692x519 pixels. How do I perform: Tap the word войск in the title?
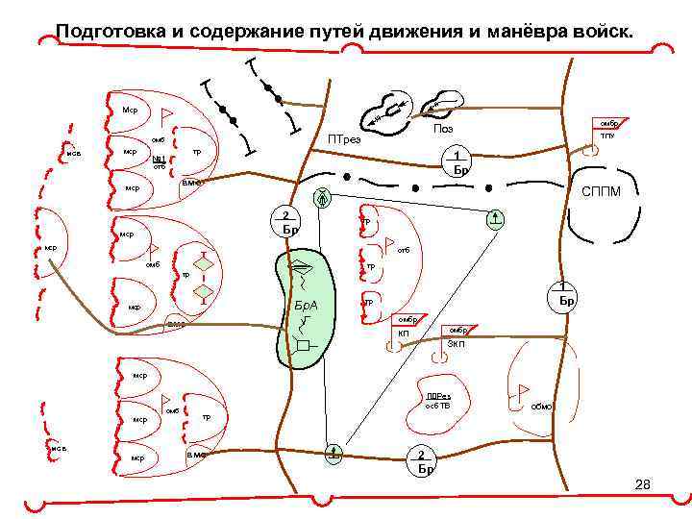click(x=605, y=32)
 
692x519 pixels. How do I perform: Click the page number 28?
click(x=643, y=485)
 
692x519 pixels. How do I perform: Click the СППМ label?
click(x=601, y=192)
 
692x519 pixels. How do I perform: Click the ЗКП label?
click(x=457, y=343)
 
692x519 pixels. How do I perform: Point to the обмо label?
click(x=541, y=407)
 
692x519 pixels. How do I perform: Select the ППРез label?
click(x=438, y=395)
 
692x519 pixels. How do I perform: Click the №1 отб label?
click(x=160, y=161)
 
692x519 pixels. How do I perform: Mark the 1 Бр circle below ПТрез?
click(x=460, y=161)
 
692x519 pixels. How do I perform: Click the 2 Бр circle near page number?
click(x=424, y=460)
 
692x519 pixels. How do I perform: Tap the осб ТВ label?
click(x=437, y=406)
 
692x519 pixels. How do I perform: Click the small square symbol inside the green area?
click(x=304, y=344)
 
